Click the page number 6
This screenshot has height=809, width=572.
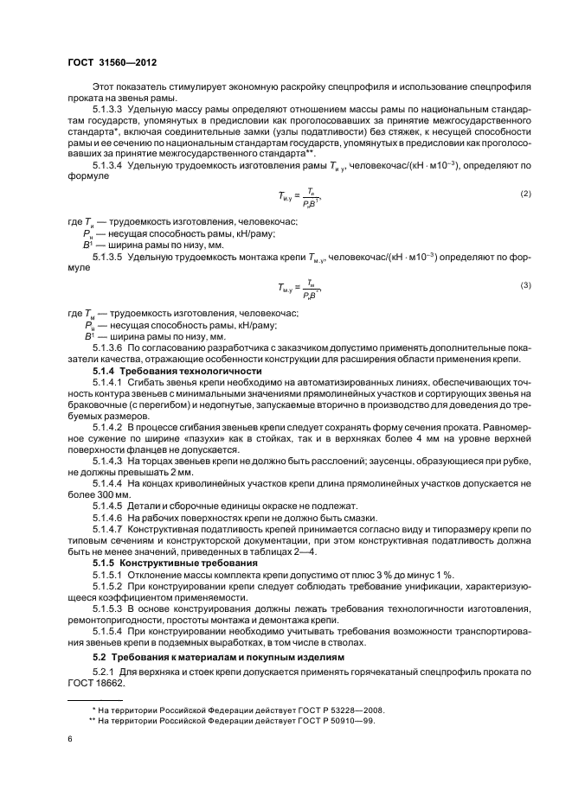70,740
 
